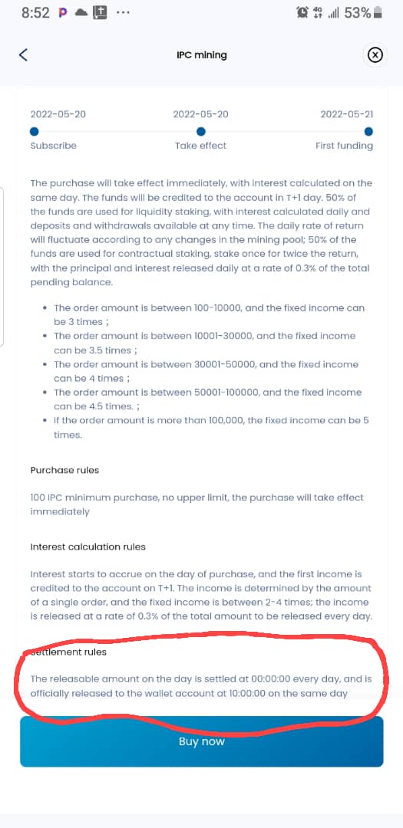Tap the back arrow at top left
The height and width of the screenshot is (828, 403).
point(24,54)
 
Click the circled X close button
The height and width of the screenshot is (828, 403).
point(374,54)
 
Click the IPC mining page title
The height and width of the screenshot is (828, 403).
point(201,55)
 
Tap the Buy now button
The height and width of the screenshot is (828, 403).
point(201,741)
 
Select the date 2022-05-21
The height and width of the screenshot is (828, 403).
point(346,114)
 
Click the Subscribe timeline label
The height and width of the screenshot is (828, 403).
point(53,146)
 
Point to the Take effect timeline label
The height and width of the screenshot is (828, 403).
point(200,146)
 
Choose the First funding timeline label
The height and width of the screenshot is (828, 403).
point(344,146)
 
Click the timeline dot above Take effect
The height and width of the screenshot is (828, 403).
point(201,130)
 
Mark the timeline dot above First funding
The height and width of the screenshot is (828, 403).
point(369,130)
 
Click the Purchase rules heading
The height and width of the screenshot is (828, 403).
point(64,470)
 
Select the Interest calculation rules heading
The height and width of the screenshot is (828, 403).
point(88,547)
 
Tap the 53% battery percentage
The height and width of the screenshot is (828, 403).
point(357,13)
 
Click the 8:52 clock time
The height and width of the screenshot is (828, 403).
point(35,13)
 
